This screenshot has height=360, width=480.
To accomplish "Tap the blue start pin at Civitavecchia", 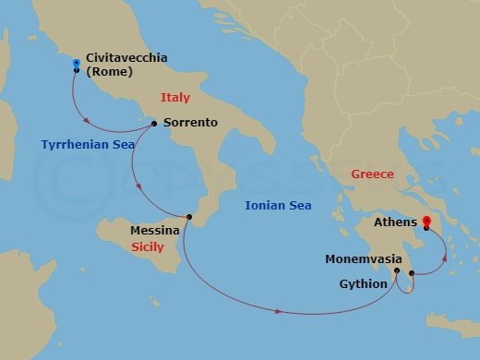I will [76, 64].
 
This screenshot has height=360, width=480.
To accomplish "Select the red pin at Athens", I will [426, 222].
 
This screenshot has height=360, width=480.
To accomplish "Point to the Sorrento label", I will [190, 122].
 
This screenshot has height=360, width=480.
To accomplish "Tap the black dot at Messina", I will [187, 217].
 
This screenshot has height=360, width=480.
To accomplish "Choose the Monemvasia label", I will [363, 259].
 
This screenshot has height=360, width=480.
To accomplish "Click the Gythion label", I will [365, 283].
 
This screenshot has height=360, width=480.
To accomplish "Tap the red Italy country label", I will [175, 97].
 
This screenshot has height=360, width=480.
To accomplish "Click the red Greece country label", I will [372, 174].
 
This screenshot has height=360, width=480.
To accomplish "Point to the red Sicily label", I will [147, 247].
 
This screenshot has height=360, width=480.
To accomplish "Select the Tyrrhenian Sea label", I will [81, 144].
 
